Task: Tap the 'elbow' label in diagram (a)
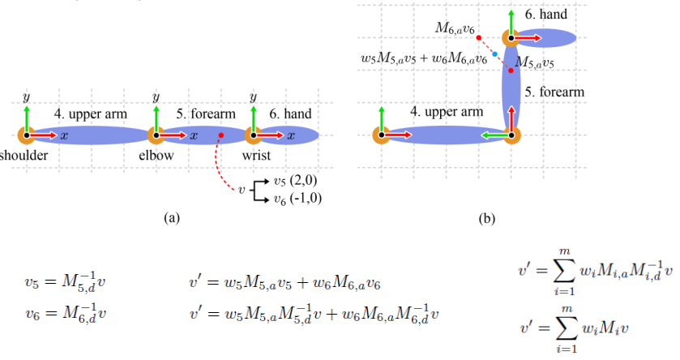pos(157,154)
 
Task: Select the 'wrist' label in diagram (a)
pos(257,154)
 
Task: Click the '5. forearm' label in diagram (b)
pos(554,92)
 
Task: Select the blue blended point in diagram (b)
pos(495,54)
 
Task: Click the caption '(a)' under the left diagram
pos(170,216)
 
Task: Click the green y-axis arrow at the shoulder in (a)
pos(26,118)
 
